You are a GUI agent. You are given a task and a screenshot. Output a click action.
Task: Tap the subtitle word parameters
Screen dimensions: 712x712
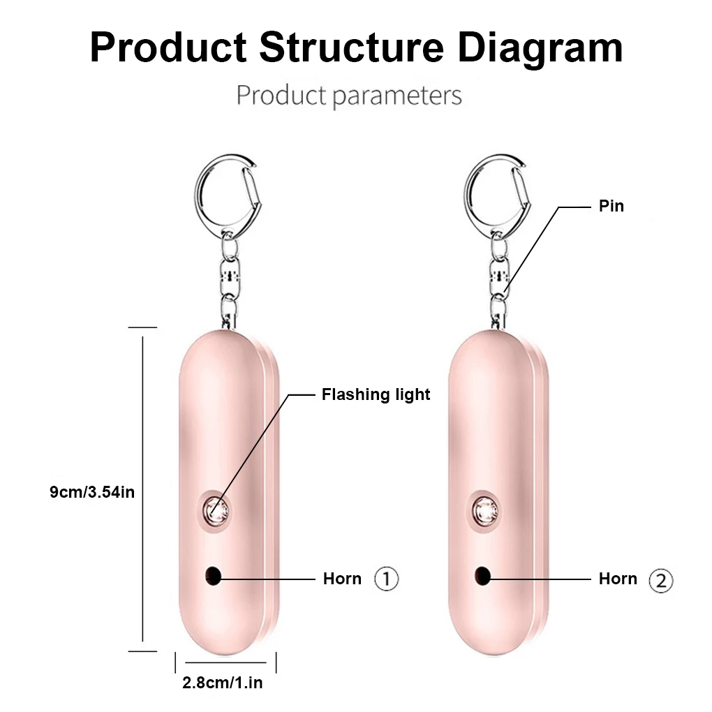click(396, 95)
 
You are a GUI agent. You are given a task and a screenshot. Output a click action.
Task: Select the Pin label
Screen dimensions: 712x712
click(611, 206)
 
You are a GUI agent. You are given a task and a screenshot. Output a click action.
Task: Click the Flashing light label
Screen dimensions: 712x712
click(376, 395)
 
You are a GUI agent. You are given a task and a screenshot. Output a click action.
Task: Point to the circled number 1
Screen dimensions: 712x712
click(387, 579)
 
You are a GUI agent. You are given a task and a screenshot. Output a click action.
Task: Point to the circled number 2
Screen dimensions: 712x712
click(661, 581)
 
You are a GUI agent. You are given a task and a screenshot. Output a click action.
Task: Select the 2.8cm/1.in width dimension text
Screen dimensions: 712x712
click(223, 683)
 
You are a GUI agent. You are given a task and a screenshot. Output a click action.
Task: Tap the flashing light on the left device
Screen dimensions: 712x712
click(214, 511)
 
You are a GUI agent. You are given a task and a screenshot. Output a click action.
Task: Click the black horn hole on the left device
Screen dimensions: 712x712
click(213, 575)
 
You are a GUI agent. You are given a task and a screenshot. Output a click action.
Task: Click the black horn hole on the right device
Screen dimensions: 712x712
click(482, 575)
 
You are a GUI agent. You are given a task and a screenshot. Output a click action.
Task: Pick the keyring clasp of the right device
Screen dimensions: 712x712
click(497, 190)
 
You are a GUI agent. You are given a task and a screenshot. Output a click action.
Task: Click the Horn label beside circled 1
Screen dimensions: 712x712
click(342, 579)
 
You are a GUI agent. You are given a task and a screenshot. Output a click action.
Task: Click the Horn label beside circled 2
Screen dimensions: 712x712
click(618, 579)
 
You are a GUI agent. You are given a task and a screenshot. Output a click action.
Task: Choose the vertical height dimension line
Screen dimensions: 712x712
click(142, 489)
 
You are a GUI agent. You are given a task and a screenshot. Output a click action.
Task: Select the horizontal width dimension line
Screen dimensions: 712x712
click(225, 662)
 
